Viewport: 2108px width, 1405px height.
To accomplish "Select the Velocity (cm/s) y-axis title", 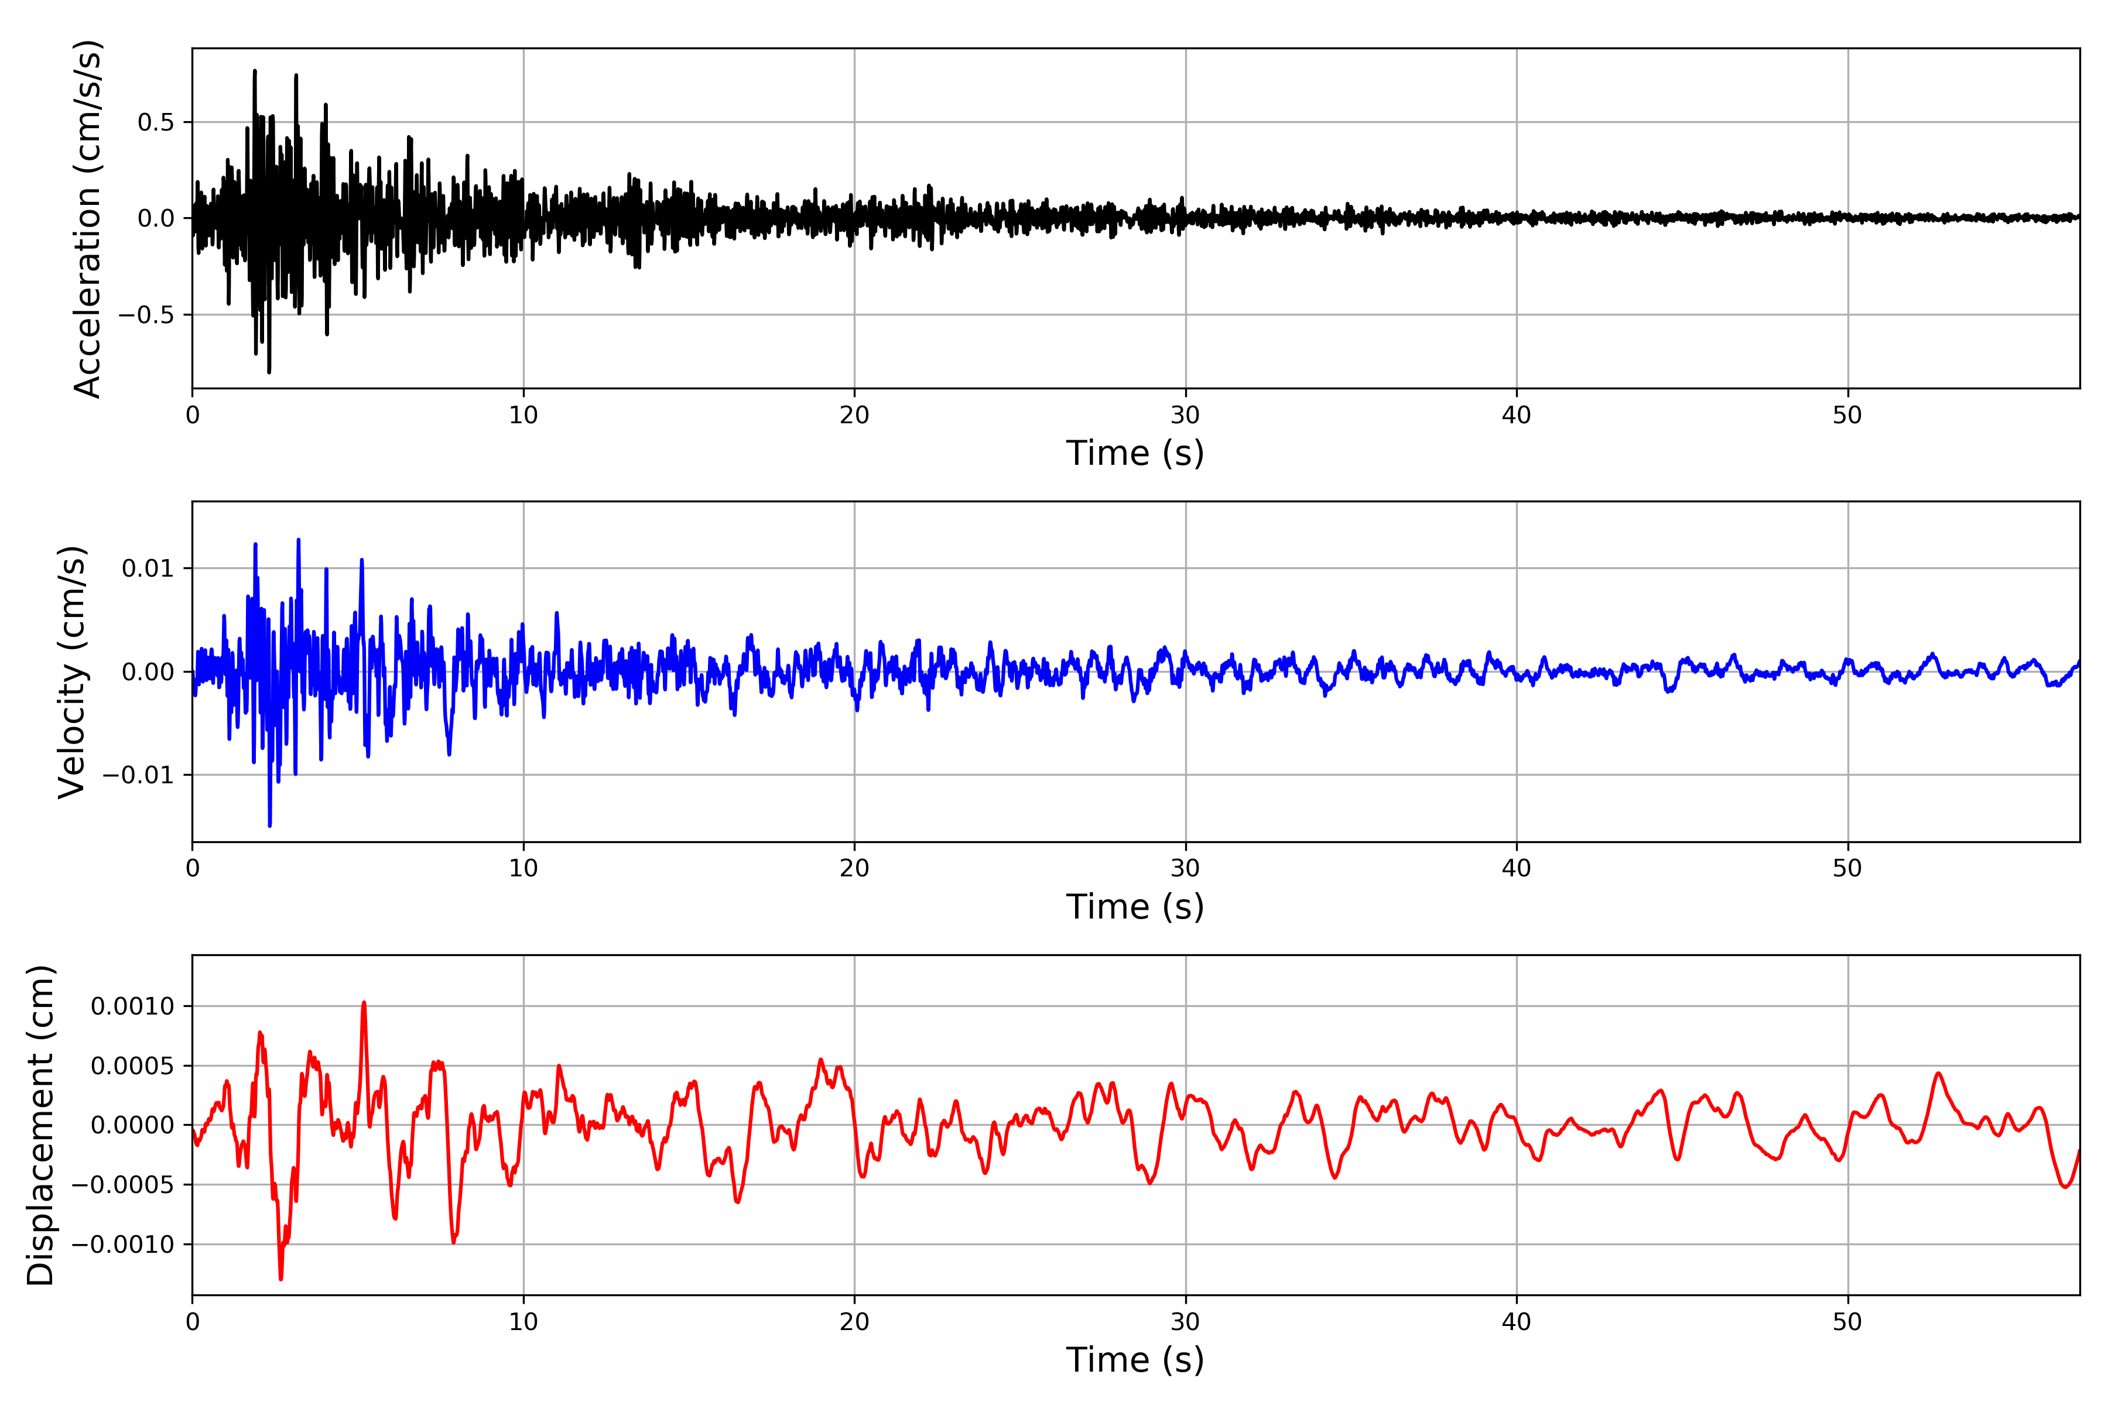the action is [x=71, y=672].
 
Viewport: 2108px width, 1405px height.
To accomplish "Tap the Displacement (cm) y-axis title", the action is [x=40, y=1125].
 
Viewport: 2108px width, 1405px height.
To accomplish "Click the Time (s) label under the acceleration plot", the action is [x=1135, y=453].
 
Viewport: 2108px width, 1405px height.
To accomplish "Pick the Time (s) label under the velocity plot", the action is [x=1135, y=907].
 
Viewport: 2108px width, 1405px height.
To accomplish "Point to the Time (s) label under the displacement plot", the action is [x=1135, y=1360].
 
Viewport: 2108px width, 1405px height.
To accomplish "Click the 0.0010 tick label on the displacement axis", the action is [x=133, y=1006].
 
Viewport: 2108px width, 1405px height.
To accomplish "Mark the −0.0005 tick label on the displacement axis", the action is [x=123, y=1184].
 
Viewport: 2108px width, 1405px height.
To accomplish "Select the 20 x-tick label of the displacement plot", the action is [x=854, y=1322].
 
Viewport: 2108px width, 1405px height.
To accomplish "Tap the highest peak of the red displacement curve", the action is [x=364, y=1003].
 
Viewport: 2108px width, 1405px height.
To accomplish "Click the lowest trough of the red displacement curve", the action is [x=280, y=1279].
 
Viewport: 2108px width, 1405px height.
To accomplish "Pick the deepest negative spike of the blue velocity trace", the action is [x=270, y=825].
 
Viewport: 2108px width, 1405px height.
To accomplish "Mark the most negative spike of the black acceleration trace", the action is [x=269, y=372].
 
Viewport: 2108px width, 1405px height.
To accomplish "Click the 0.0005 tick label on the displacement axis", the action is [x=133, y=1066].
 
